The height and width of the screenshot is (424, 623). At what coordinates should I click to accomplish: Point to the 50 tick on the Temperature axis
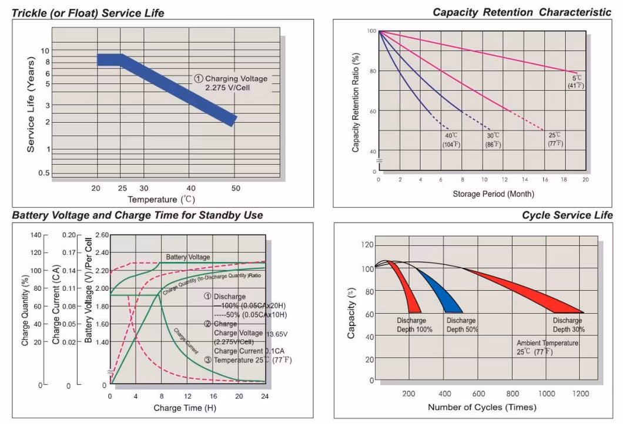pos(236,189)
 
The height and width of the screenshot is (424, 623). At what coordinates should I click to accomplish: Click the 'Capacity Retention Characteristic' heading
pos(522,12)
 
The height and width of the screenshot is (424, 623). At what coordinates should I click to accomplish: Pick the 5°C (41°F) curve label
pos(576,82)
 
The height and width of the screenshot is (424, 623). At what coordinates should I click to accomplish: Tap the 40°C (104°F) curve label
pos(451,140)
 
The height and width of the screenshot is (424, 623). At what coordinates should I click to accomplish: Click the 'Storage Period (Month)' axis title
pos(493,194)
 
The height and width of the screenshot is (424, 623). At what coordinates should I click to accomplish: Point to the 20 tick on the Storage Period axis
pos(585,180)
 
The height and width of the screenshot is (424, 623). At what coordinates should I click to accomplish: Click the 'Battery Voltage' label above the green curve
pos(188,257)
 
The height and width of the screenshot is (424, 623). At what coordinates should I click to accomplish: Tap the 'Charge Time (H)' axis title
pos(180,408)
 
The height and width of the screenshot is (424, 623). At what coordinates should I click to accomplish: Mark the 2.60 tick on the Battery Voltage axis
pos(102,235)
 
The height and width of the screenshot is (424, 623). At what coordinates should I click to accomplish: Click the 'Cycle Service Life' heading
pos(567,216)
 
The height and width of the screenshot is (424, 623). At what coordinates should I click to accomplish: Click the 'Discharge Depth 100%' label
pos(414,325)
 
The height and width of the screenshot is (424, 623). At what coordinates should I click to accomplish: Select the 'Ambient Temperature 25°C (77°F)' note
pos(547,347)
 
